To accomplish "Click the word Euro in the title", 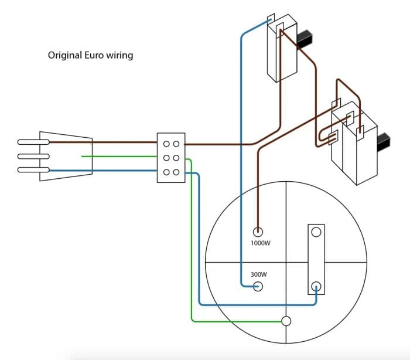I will tap(95, 56).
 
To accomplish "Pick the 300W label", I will tap(258, 274).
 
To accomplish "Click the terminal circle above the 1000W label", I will tap(257, 232).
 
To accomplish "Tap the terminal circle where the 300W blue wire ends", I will tap(257, 287).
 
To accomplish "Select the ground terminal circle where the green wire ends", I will tap(286, 321).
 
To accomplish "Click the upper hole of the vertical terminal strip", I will tap(316, 232).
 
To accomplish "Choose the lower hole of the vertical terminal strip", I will tap(316, 286).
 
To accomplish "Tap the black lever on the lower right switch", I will tap(384, 141).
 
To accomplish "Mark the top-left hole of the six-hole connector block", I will tap(167, 143).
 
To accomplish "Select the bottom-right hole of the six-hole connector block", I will tap(176, 172).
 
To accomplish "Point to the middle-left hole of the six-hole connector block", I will tap(167, 158).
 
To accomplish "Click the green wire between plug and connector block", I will tap(117, 157).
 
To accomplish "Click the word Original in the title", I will tap(63, 56).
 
